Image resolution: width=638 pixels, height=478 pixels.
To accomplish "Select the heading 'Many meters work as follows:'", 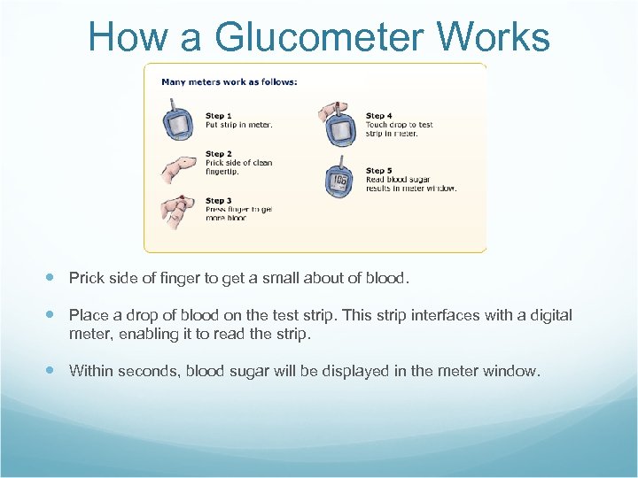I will (230, 82).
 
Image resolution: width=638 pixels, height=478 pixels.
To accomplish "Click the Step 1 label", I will (219, 116).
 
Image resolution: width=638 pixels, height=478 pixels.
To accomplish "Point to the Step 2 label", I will (219, 154).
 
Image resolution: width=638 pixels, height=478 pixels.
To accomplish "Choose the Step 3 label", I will (219, 201).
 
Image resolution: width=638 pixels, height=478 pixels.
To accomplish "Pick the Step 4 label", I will (379, 116).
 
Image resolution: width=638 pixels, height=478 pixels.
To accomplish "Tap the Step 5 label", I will (379, 171).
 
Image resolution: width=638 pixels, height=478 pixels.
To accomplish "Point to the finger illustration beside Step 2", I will (177, 167).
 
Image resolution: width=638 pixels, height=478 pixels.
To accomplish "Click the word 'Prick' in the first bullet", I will (86, 278).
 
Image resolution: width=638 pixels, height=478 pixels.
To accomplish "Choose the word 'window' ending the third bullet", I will (511, 371).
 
